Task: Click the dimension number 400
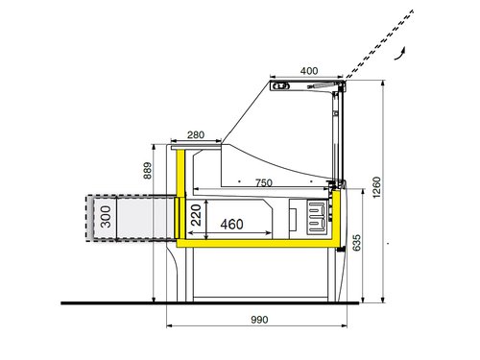coord(307,71)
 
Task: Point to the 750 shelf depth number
coord(263,181)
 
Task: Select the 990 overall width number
coord(254,320)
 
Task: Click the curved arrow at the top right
coord(405,49)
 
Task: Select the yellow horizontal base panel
coord(259,244)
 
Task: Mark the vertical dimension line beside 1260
coord(383,192)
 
